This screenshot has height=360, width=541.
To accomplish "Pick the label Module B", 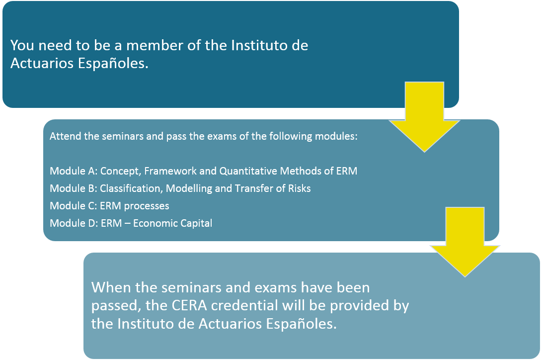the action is [73, 188].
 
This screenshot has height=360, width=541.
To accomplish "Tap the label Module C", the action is [73, 205].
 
